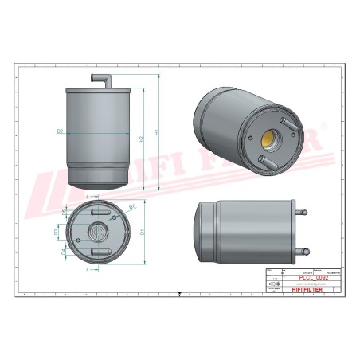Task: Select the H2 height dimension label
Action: click(142, 139)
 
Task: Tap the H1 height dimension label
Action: click(156, 131)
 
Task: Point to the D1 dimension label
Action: click(142, 233)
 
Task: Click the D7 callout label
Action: click(131, 207)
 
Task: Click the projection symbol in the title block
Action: click(274, 284)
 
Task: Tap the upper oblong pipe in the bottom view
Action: click(100, 213)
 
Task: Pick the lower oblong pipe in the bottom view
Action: click(100, 252)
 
